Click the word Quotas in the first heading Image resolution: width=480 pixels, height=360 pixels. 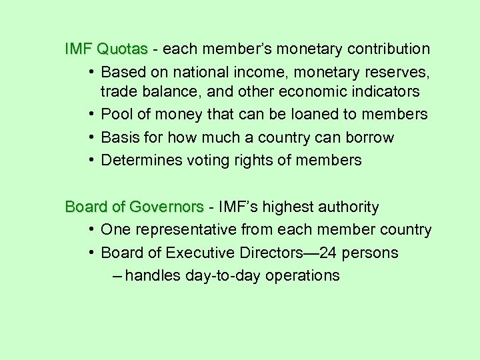coord(122,49)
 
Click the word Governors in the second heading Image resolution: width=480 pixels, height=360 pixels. coord(166,207)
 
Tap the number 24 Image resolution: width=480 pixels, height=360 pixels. coord(329,253)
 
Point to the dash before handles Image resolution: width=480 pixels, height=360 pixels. coord(117,276)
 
